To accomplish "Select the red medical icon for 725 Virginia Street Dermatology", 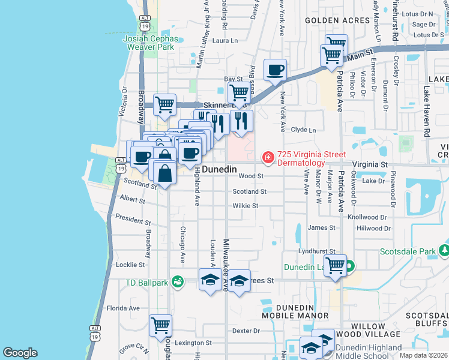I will click(268, 157).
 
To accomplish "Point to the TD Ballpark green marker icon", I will click(177, 281).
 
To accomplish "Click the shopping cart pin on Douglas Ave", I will click(161, 326).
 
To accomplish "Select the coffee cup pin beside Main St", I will click(276, 70).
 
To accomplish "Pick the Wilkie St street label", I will click(246, 206).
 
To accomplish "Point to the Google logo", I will click(20, 353).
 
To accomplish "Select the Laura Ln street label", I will click(226, 41).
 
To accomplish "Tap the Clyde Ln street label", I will click(303, 129).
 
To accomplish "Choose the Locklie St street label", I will click(130, 265).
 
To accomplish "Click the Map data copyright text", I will click(423, 355).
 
